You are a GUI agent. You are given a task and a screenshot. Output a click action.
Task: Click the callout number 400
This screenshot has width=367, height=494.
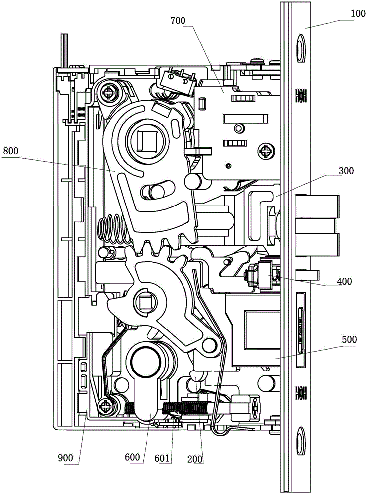tap(344, 282)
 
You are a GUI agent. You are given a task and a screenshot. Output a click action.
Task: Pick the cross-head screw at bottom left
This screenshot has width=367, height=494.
tap(106, 407)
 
